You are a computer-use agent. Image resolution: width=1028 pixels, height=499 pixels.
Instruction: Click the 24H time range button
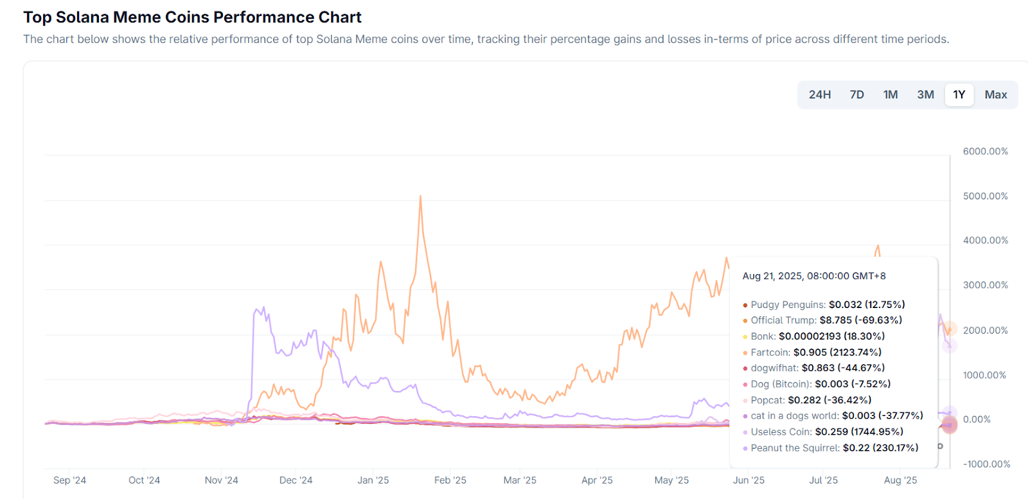coord(819,95)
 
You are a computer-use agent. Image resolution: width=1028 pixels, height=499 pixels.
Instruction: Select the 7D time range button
coord(856,95)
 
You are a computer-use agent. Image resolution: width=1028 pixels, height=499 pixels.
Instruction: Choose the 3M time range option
coord(925,95)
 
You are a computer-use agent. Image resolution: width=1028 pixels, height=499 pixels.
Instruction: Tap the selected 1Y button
coord(959,95)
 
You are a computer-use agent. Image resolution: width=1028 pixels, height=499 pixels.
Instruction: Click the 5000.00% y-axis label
coord(985,196)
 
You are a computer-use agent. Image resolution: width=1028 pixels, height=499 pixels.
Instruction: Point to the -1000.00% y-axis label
coord(986,464)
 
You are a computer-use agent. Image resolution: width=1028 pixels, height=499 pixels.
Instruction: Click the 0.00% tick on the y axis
coord(977,419)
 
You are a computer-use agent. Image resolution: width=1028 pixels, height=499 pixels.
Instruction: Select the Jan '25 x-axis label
coord(373,480)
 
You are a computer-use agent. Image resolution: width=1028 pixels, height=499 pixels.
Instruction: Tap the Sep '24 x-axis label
coord(69,480)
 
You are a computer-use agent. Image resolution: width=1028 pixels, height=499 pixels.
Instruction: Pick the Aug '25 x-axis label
coord(900,480)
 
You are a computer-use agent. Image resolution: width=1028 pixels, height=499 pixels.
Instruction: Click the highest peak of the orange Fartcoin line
coord(420,197)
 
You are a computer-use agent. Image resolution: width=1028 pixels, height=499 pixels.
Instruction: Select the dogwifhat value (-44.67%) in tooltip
coord(861,368)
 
